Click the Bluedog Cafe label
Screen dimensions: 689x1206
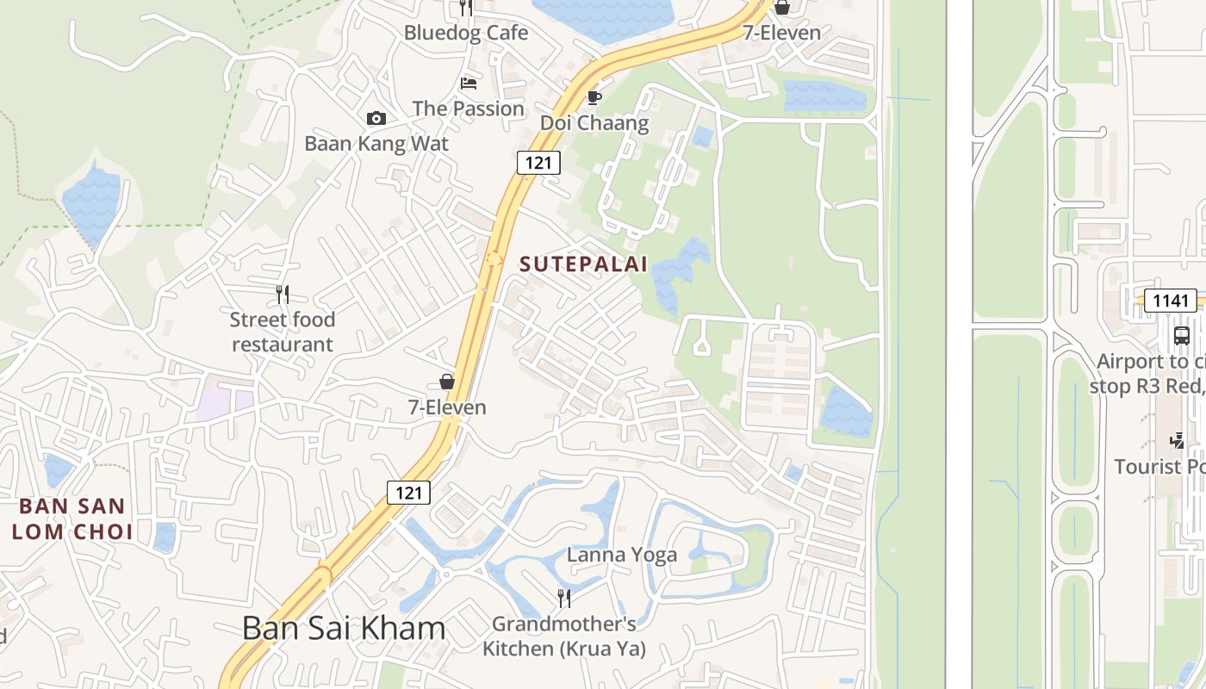466,33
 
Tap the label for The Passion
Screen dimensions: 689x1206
468,109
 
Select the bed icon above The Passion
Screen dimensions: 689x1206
469,84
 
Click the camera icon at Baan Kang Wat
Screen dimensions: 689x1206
376,118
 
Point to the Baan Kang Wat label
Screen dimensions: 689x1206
376,143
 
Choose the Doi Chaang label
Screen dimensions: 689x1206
594,122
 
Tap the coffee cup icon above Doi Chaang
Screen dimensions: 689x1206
594,97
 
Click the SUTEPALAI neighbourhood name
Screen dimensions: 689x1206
583,264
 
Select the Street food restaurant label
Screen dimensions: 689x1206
282,332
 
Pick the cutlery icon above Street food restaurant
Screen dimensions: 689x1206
283,295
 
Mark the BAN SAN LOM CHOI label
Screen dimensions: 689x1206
72,518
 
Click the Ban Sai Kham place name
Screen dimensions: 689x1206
344,628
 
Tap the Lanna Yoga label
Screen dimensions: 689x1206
622,555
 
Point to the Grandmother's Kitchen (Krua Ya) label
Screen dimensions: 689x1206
564,636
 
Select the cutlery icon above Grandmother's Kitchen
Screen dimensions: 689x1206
564,599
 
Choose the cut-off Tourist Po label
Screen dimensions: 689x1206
1159,466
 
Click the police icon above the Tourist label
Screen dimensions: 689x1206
1178,441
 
